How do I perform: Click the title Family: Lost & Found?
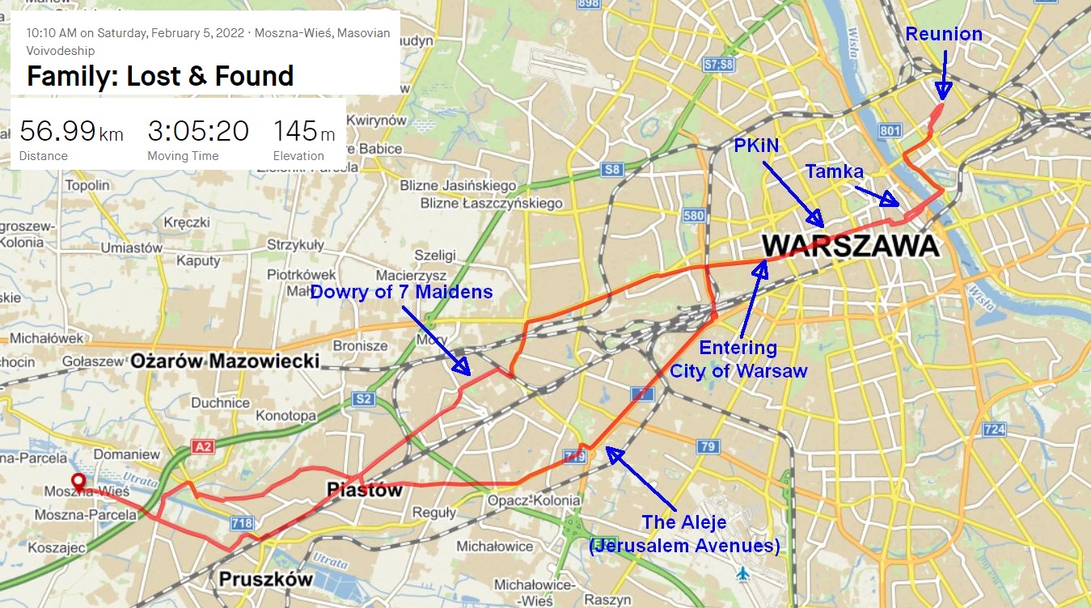(159, 76)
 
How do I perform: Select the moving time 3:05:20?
(197, 130)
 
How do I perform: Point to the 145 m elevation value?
(304, 130)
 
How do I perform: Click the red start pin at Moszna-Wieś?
(78, 483)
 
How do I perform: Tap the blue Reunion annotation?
(944, 34)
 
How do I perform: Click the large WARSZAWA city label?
(850, 245)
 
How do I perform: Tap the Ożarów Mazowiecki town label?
(226, 361)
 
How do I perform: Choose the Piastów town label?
(364, 489)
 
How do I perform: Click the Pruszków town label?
(265, 579)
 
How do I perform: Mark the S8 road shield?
(611, 170)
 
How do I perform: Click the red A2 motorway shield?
(202, 446)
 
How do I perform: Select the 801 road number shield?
(889, 130)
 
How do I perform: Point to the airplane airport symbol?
(743, 573)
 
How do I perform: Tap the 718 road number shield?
(242, 523)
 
